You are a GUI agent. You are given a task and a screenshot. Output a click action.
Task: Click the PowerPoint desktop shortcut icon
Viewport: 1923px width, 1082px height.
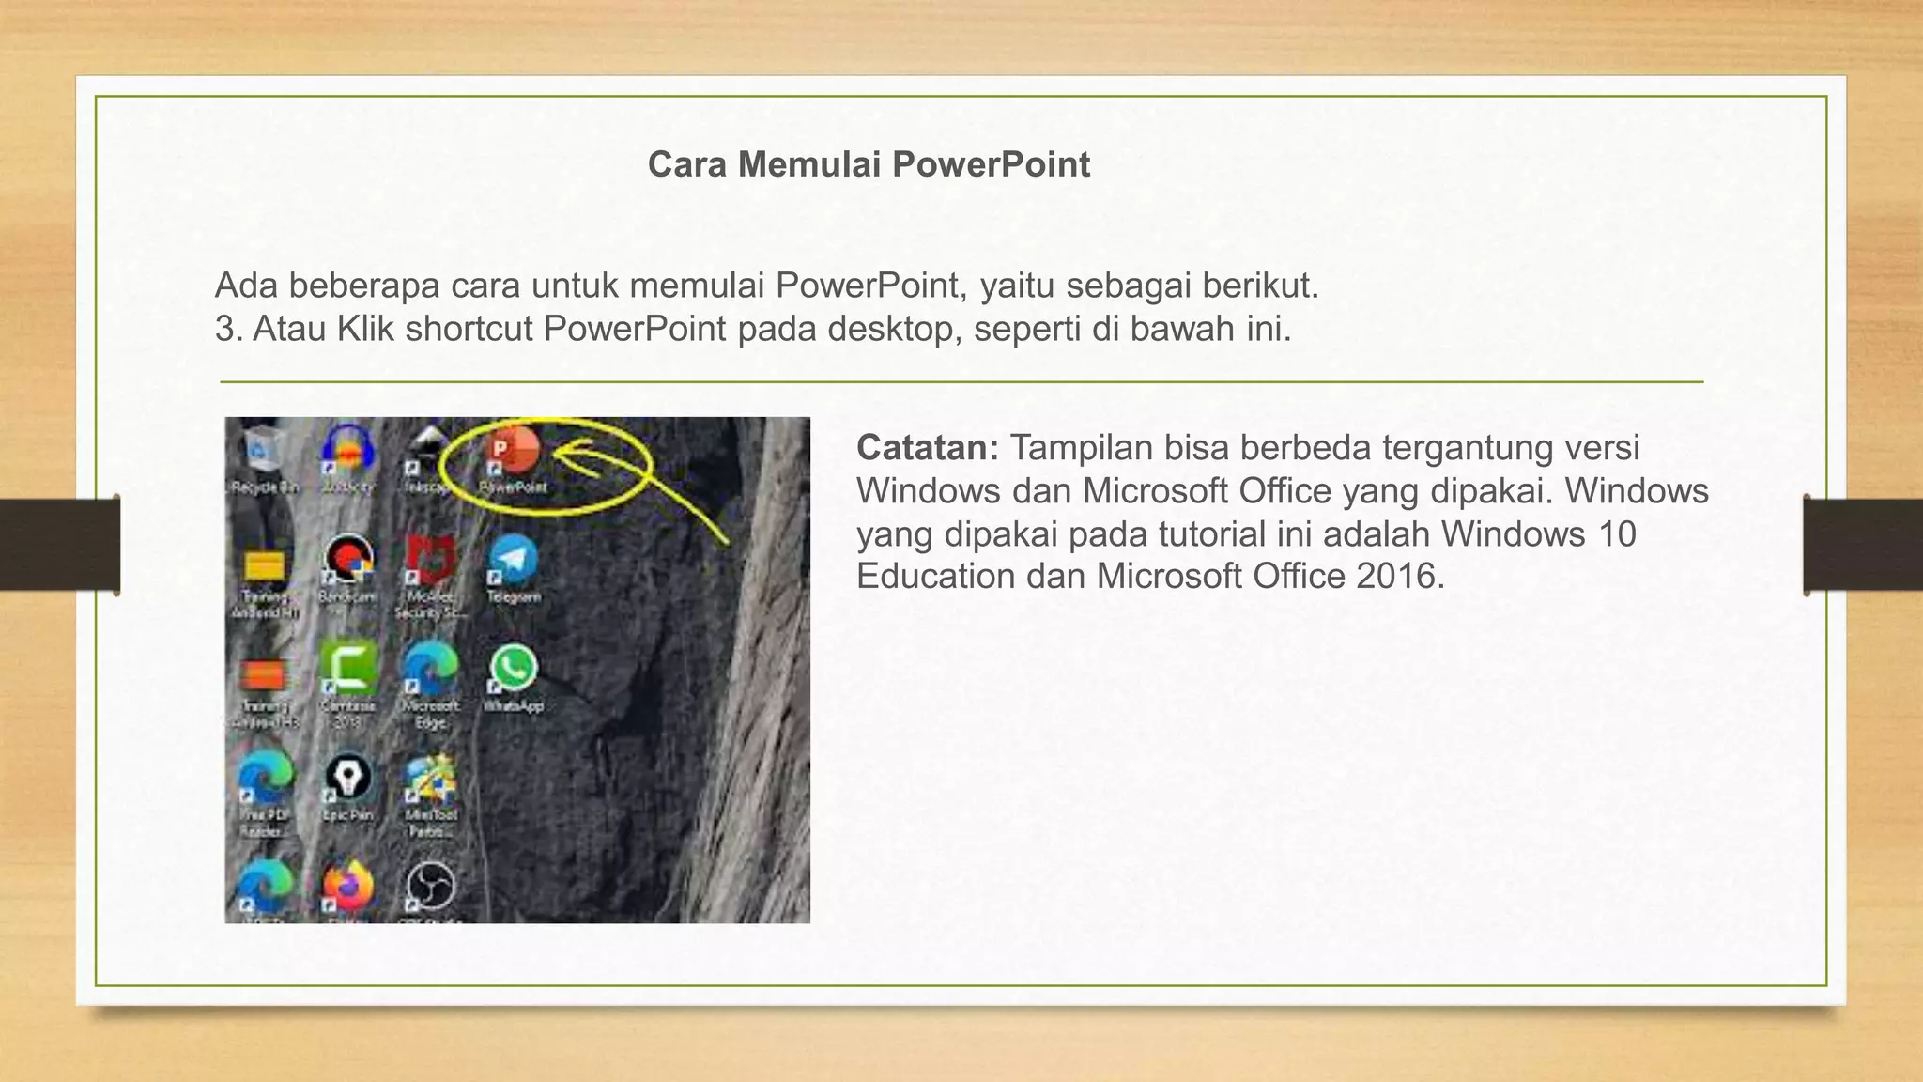[513, 453]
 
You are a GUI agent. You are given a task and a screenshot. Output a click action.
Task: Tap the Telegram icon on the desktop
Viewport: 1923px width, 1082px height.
[513, 560]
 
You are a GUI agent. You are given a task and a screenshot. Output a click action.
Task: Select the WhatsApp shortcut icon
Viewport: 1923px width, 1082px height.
[513, 669]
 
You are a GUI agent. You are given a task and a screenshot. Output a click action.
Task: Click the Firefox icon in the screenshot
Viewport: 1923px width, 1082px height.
[347, 886]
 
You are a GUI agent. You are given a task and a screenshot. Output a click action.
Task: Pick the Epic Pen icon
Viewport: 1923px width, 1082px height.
[347, 778]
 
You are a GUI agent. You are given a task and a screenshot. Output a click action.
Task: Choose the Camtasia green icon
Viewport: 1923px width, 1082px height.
[348, 669]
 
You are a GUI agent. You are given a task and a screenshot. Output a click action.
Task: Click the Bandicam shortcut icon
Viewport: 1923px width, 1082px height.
[347, 560]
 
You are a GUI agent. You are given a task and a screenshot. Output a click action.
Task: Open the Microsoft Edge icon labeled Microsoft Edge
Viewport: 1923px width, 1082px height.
[429, 669]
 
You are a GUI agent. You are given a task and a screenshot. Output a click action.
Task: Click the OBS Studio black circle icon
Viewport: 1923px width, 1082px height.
[430, 886]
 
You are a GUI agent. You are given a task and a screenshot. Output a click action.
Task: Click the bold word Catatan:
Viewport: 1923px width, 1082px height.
[927, 448]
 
